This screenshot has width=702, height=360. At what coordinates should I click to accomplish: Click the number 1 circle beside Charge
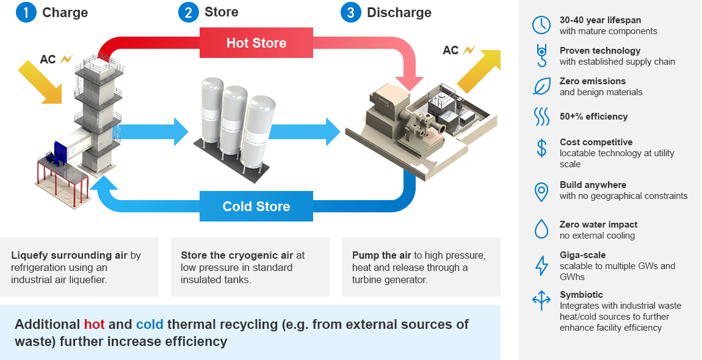(26, 12)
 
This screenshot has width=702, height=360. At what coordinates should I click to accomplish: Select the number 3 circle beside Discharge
(351, 12)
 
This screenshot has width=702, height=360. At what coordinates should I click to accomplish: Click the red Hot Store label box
(256, 43)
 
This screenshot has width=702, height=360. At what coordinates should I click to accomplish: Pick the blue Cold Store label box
(256, 206)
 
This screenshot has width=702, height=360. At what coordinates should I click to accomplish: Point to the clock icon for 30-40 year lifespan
(541, 25)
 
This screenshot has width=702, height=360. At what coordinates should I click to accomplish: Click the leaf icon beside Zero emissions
(541, 86)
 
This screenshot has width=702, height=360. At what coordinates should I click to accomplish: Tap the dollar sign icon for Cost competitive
(541, 148)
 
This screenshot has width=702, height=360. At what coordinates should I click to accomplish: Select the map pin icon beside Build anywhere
(541, 191)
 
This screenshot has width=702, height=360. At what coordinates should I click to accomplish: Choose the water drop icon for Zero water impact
(541, 229)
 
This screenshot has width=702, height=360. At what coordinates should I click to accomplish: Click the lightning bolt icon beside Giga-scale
(541, 265)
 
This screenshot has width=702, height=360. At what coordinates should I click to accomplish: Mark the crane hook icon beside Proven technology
(541, 56)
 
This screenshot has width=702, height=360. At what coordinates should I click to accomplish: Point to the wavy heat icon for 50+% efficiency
(541, 117)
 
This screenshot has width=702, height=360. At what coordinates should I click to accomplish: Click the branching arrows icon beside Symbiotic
(541, 300)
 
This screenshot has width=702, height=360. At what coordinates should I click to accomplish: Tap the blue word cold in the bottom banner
(150, 324)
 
